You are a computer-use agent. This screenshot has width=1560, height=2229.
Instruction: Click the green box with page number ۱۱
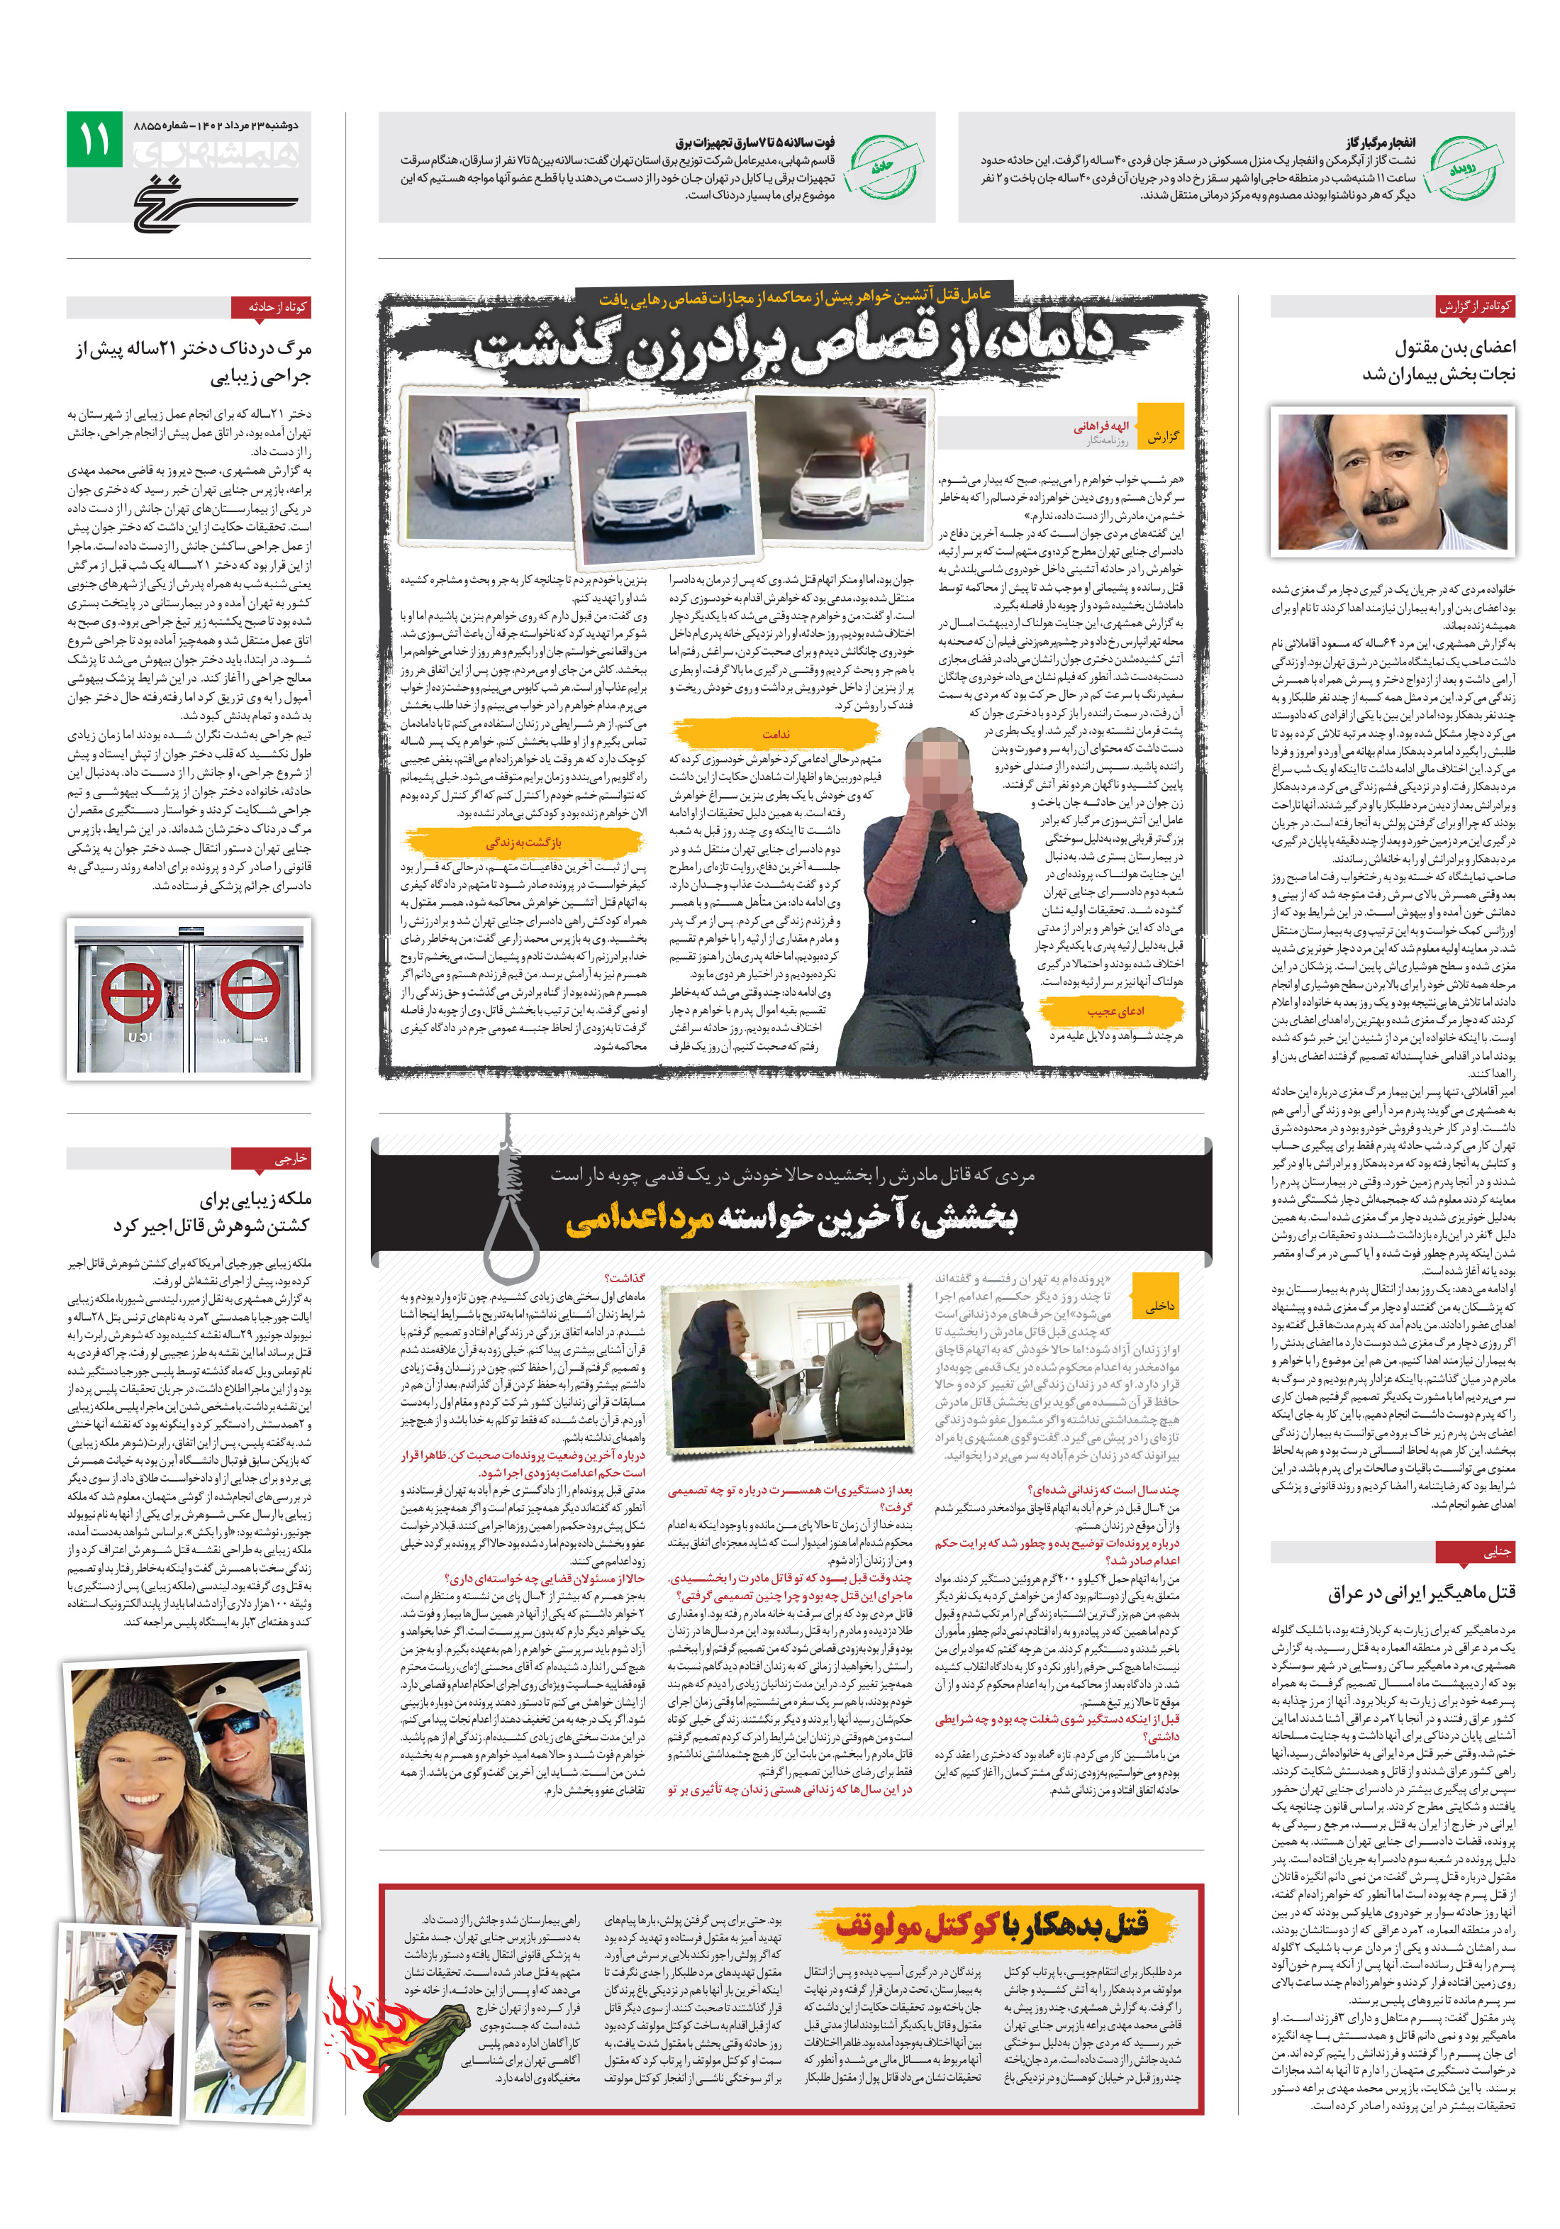coord(94,139)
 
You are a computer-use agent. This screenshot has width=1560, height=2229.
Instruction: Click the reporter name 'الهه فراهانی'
coord(1101,426)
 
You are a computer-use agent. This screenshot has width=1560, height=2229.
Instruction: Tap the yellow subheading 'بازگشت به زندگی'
coord(523,842)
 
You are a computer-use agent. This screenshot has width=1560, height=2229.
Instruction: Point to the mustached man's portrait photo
coord(1391,481)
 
